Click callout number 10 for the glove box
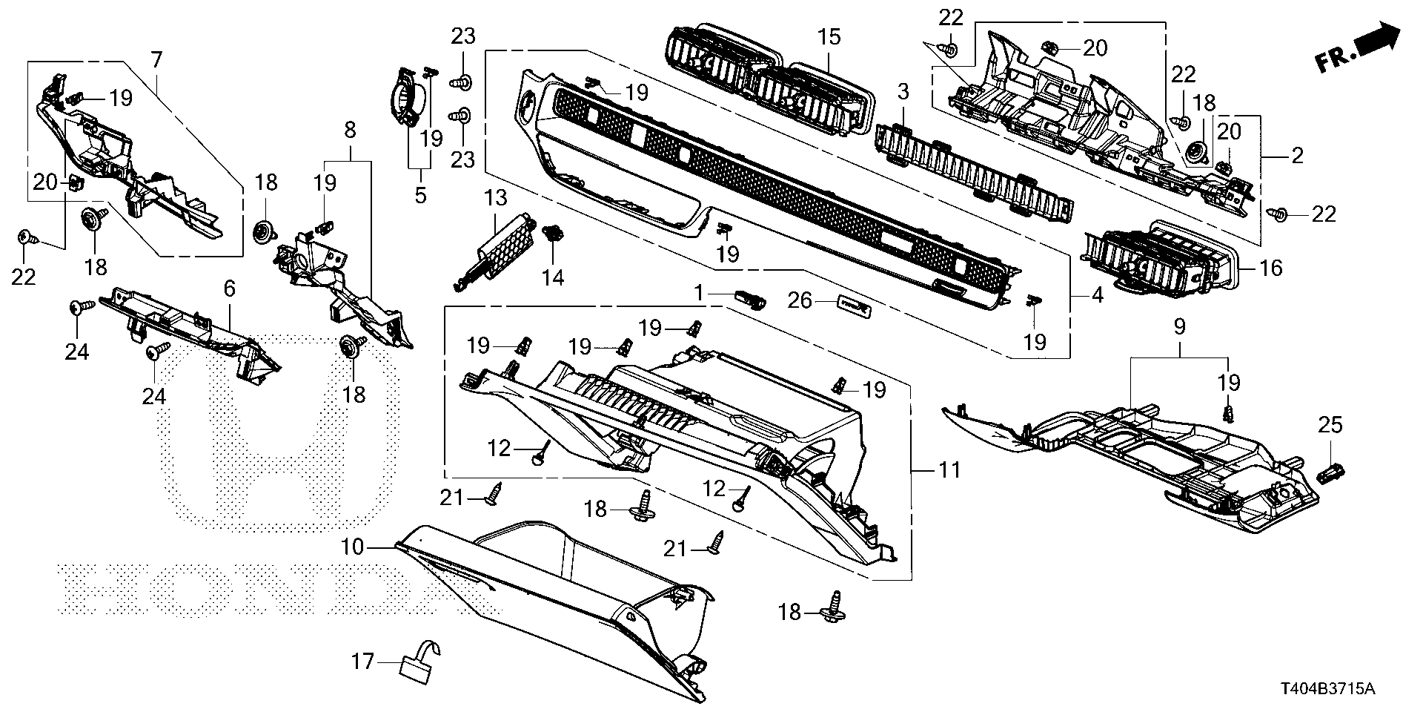tap(353, 547)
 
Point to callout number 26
tap(800, 301)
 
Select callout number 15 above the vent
tap(829, 36)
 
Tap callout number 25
tap(1330, 426)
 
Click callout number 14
tap(553, 277)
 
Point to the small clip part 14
tap(551, 235)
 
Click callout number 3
tap(902, 93)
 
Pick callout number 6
tap(229, 289)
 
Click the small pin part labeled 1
tap(749, 300)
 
